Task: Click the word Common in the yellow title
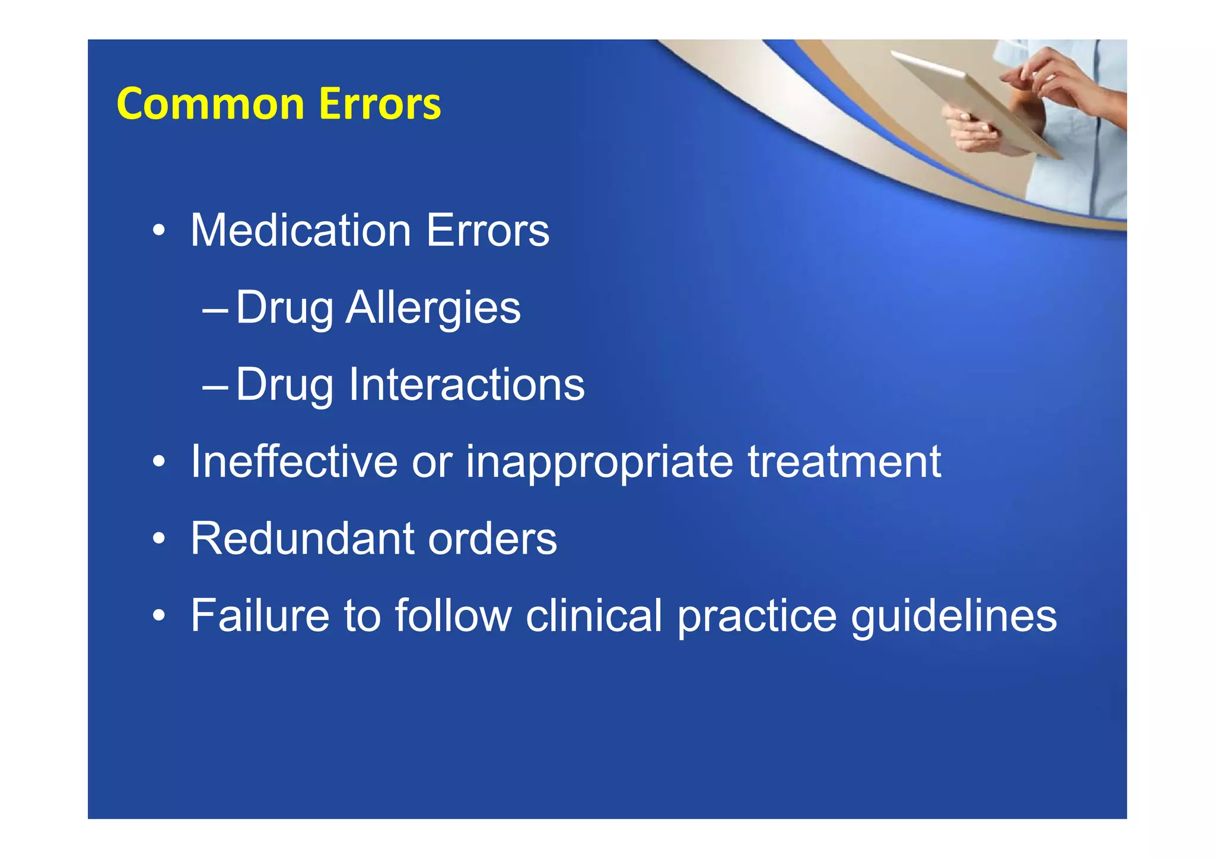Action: (211, 104)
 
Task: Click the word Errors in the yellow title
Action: (380, 104)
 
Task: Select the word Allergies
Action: (433, 308)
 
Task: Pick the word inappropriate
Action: (599, 463)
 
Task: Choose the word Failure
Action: (260, 616)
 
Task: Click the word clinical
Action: (593, 616)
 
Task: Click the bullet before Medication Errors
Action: (158, 231)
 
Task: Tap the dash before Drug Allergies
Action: (215, 310)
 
